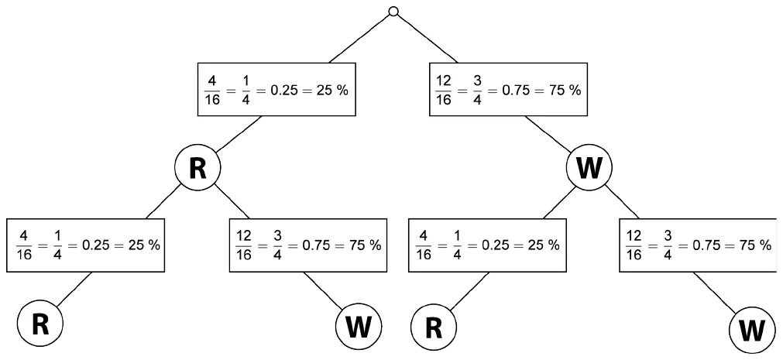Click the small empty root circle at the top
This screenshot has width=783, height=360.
393,12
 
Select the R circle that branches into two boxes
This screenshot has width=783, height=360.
197,169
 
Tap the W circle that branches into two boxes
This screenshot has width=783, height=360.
589,169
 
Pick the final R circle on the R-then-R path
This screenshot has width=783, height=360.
40,324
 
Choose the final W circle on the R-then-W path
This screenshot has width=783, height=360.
359,327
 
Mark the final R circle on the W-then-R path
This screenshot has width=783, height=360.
434,328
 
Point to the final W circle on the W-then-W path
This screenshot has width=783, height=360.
752,330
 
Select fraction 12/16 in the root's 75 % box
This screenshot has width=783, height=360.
444,91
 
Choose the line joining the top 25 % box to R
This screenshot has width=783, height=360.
239,134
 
